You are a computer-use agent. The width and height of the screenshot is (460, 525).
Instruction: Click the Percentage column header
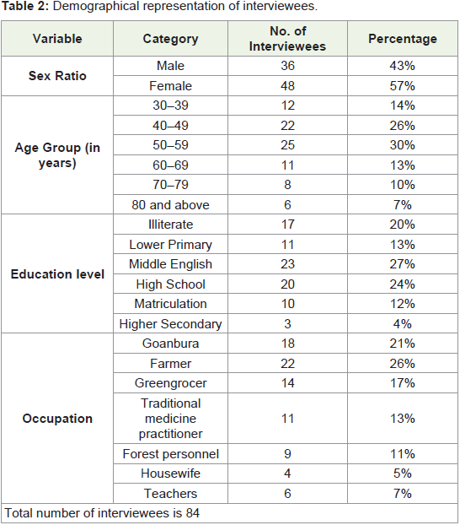tap(403, 39)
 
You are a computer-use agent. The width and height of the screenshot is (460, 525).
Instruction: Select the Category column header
tap(170, 39)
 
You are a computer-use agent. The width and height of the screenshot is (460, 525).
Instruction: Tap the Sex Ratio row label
tap(57, 76)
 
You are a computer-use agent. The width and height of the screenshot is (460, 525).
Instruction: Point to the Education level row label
tap(57, 273)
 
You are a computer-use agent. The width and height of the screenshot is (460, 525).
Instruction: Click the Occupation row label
tap(57, 419)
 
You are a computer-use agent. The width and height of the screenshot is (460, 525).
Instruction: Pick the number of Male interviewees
tap(287, 66)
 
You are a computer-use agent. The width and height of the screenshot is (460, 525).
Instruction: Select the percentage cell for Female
tap(403, 86)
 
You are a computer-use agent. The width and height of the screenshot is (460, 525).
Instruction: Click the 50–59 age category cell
tap(170, 145)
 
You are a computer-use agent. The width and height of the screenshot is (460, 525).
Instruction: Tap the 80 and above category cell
tap(170, 205)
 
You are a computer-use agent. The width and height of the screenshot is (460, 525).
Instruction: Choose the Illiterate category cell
tap(170, 225)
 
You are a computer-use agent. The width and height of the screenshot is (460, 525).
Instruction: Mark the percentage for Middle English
tap(403, 264)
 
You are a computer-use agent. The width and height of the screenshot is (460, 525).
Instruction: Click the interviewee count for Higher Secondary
tap(287, 324)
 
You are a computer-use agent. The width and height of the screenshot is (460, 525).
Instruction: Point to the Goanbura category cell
tap(170, 344)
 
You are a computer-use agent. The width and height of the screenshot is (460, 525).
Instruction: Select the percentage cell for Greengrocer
tap(403, 383)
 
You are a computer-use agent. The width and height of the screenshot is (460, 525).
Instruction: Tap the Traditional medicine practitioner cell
tap(170, 419)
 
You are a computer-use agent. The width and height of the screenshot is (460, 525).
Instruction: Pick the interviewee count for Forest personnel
tap(287, 454)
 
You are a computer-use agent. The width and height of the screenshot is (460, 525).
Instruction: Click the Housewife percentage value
tap(403, 474)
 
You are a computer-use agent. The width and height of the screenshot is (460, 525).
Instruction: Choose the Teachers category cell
tap(170, 494)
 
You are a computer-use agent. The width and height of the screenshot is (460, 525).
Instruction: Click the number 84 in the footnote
tap(193, 513)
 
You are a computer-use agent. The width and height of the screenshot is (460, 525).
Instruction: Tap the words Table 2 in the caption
tap(24, 7)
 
